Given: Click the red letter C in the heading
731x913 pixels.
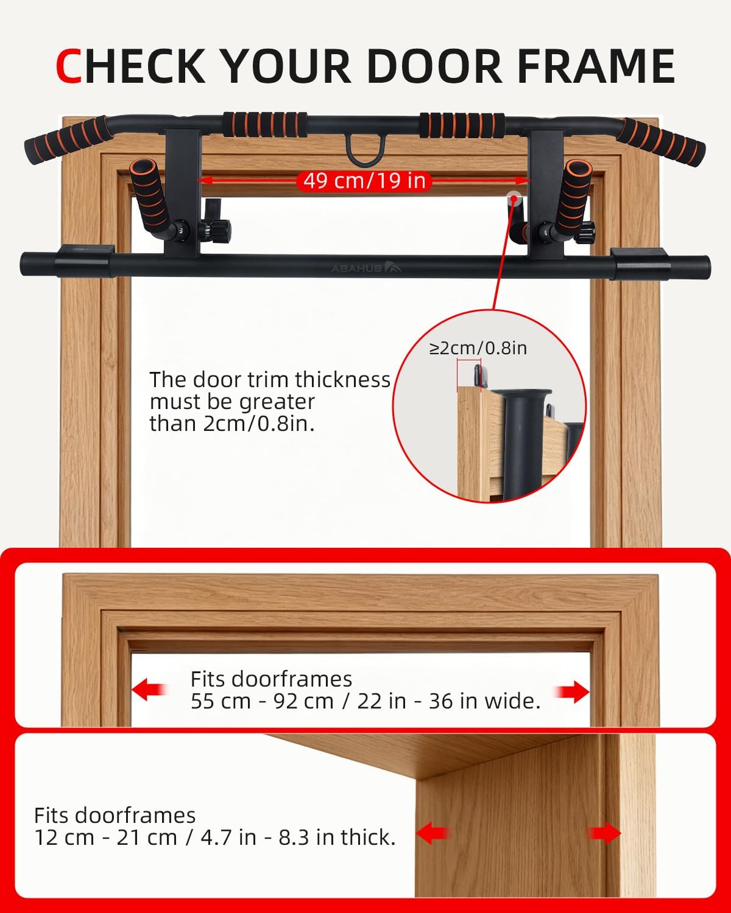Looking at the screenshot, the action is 68,66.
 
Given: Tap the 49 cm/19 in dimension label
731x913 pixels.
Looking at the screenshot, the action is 364,181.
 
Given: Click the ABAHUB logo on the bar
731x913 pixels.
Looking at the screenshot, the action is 365,268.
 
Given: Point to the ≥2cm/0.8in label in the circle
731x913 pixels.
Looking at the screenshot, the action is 478,348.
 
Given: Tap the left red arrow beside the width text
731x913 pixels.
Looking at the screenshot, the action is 149,689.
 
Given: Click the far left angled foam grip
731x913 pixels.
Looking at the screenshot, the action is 69,139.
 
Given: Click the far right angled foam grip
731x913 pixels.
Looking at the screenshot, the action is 660,142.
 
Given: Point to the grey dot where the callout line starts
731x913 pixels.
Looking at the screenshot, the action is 514,198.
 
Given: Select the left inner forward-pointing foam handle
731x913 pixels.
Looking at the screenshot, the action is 150,196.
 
